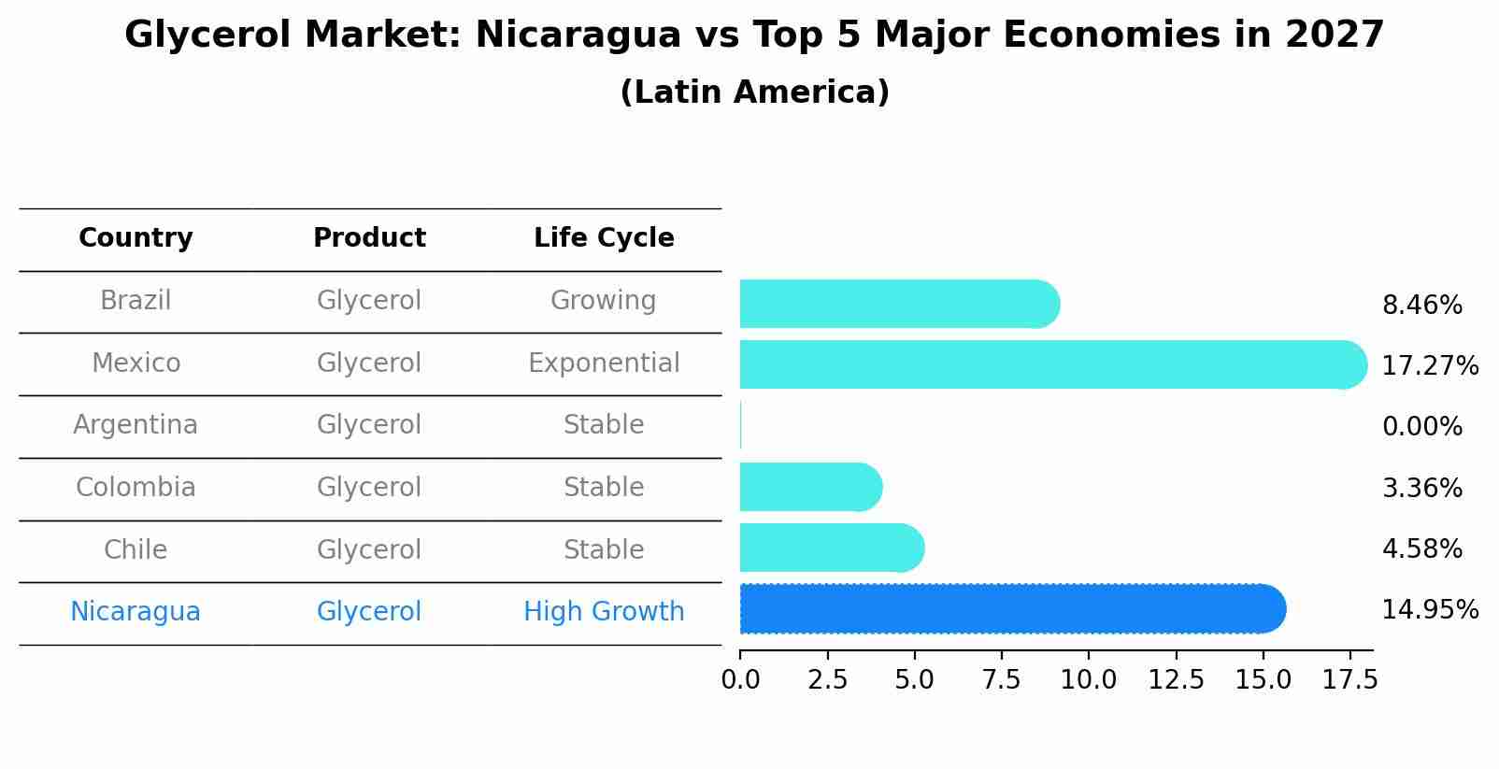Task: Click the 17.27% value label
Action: click(x=1429, y=365)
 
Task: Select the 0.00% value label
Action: click(x=1421, y=427)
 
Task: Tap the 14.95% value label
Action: click(x=1429, y=610)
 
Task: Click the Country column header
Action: click(x=136, y=238)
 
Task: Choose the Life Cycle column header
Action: click(x=604, y=238)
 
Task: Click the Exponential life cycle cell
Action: click(x=604, y=363)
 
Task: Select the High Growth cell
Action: click(x=604, y=612)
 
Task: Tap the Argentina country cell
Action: click(x=136, y=425)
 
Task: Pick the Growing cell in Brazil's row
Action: click(x=604, y=301)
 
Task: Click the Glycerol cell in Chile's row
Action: click(x=369, y=549)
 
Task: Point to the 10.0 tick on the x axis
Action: click(x=1088, y=680)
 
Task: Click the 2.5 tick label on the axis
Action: click(x=827, y=680)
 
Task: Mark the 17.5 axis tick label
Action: click(x=1349, y=680)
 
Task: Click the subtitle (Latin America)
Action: click(x=754, y=93)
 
